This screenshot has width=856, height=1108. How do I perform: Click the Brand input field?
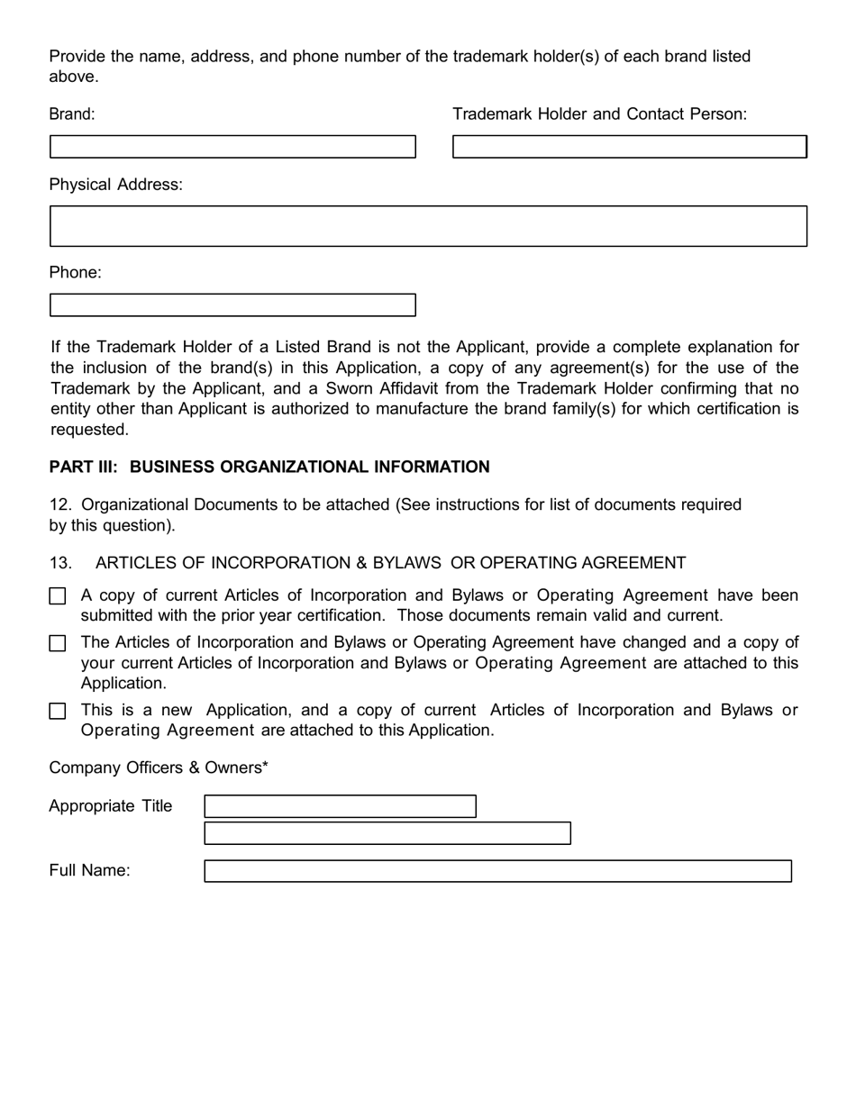tap(232, 147)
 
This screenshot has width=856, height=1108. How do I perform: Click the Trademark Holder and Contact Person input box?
tap(629, 147)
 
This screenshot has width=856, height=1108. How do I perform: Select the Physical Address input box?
tap(428, 226)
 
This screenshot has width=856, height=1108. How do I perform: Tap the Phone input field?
tap(232, 305)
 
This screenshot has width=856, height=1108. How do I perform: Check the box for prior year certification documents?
tap(58, 596)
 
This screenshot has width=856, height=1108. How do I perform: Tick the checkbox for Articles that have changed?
tap(58, 643)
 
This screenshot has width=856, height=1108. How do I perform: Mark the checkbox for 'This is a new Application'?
tap(58, 711)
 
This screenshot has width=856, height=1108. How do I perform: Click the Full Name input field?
tap(497, 871)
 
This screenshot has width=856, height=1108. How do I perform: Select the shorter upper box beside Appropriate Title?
tap(340, 806)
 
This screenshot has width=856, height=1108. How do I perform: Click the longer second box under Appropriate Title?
tap(387, 833)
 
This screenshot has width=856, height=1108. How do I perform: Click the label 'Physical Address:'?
tap(115, 185)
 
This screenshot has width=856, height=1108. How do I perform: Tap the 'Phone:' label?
tap(75, 273)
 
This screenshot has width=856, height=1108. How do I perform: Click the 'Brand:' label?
tap(71, 114)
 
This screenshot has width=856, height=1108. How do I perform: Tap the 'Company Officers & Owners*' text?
tap(159, 767)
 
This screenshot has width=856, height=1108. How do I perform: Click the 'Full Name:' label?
tap(89, 870)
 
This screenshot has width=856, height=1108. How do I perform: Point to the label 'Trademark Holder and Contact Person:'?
tap(599, 114)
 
